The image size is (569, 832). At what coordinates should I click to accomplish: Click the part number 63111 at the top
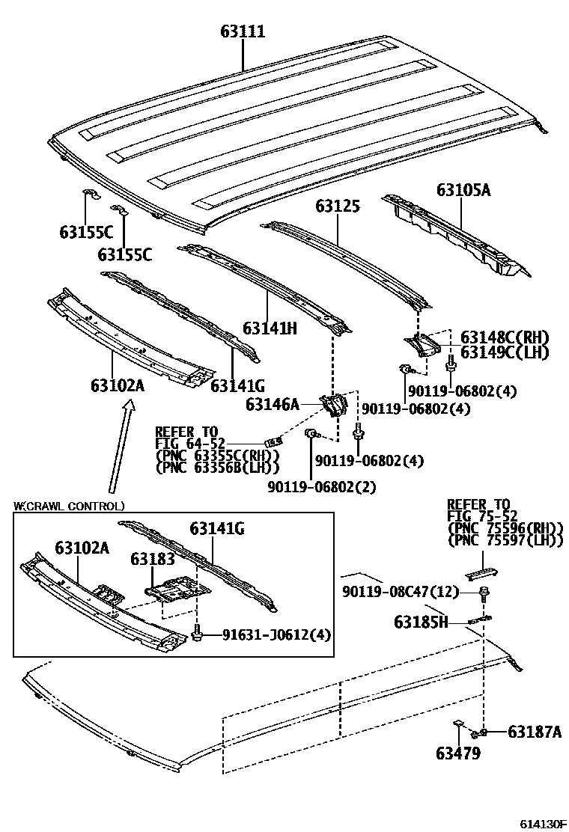243,31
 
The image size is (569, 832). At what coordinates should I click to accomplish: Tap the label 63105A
463,190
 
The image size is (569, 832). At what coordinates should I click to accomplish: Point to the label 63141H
270,328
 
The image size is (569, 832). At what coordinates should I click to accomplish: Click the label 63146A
272,405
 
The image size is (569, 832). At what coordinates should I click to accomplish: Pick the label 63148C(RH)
505,337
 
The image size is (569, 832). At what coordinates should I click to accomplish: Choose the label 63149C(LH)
505,352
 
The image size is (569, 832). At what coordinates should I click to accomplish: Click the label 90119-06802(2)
321,487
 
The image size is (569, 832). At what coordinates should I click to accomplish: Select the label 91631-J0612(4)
276,635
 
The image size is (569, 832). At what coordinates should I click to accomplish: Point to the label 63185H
421,622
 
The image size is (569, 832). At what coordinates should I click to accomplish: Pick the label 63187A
534,731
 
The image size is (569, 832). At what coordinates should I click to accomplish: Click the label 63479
460,753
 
